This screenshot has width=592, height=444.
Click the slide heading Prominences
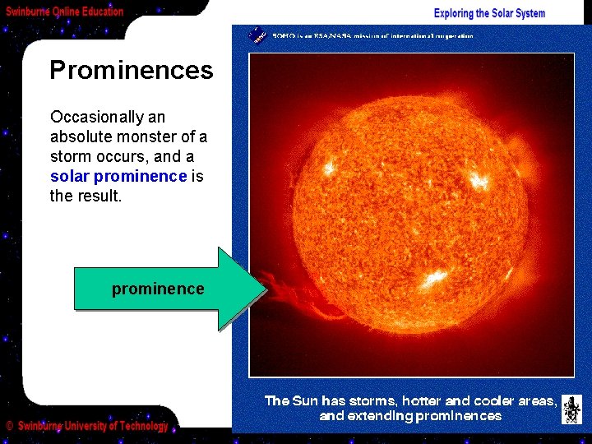tap(131, 71)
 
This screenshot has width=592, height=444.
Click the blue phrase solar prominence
tap(118, 176)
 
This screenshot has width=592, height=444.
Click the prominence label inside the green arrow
tap(157, 289)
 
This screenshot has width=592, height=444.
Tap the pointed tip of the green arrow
tap(265, 288)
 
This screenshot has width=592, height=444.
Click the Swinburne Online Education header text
tap(65, 12)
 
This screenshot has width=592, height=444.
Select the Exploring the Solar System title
tap(489, 13)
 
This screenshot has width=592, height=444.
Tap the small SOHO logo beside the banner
tap(257, 35)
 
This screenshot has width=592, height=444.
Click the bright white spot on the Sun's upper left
tap(330, 166)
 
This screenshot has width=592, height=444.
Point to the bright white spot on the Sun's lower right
tap(432, 278)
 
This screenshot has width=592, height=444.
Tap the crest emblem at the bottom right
tap(571, 409)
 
